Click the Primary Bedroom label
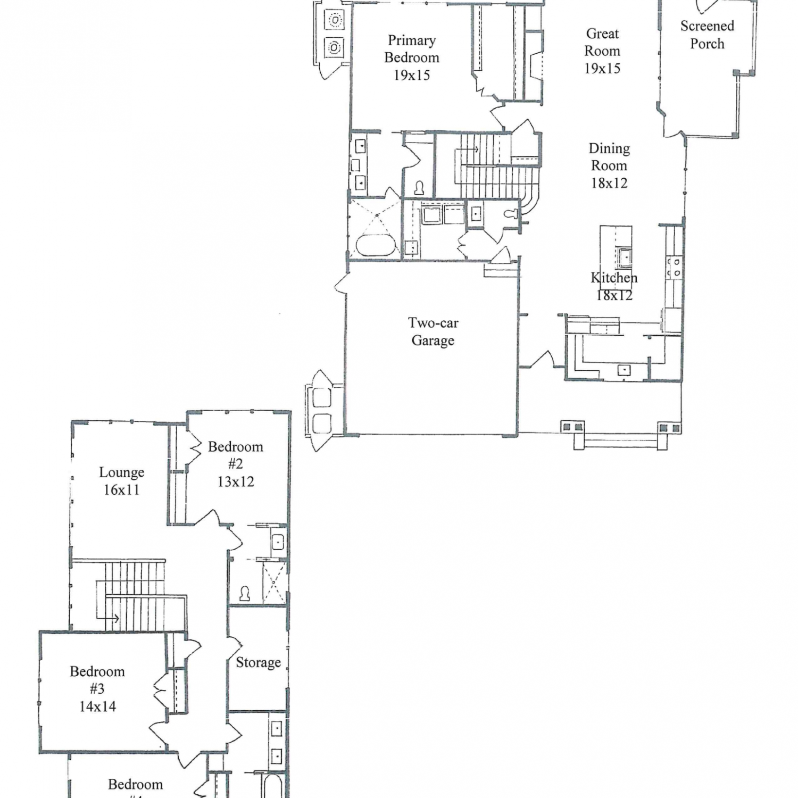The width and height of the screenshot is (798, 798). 412,49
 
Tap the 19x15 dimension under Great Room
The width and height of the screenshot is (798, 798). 602,68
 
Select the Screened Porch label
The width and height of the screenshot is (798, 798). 707,35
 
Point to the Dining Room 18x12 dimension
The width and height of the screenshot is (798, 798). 609,183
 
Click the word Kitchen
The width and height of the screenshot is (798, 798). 614,277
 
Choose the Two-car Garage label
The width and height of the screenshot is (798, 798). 433,331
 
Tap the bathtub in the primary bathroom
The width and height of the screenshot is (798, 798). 376,245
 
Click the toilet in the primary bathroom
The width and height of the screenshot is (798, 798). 419,188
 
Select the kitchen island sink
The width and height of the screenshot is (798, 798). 624,256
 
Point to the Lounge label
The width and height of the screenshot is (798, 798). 121,472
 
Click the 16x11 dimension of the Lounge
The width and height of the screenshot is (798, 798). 121,490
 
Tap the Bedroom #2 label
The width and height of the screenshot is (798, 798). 235,455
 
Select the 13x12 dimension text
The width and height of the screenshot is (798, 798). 235,481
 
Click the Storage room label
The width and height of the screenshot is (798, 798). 258,662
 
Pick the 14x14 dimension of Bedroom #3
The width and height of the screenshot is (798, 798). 97,706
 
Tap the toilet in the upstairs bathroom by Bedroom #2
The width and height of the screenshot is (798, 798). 245,593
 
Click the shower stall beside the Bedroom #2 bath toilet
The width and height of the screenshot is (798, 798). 273,582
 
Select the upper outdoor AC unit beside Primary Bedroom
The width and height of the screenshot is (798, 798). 335,20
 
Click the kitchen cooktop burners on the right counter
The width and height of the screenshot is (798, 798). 674,267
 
